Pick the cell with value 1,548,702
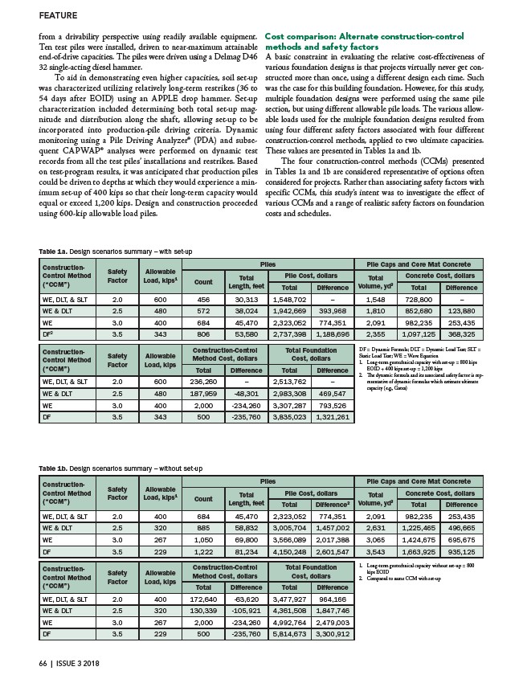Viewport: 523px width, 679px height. pos(296,298)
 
